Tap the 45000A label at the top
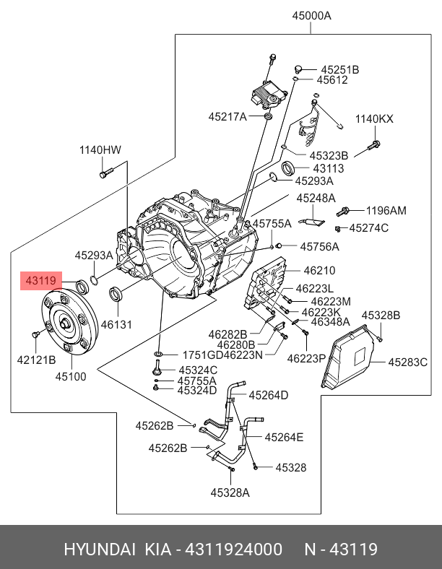pyautogui.click(x=311, y=15)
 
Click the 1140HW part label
pyautogui.click(x=100, y=150)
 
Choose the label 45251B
pyautogui.click(x=339, y=70)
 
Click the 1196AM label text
pyautogui.click(x=386, y=211)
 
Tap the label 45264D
pyautogui.click(x=269, y=395)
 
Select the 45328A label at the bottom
pyautogui.click(x=230, y=493)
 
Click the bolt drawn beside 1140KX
pyautogui.click(x=374, y=145)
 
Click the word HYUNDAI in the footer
pyautogui.click(x=100, y=550)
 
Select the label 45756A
pyautogui.click(x=320, y=246)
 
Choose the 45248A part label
pyautogui.click(x=316, y=198)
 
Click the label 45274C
pyautogui.click(x=369, y=228)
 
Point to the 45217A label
pyautogui.click(x=227, y=116)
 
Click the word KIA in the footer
pyautogui.click(x=157, y=550)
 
